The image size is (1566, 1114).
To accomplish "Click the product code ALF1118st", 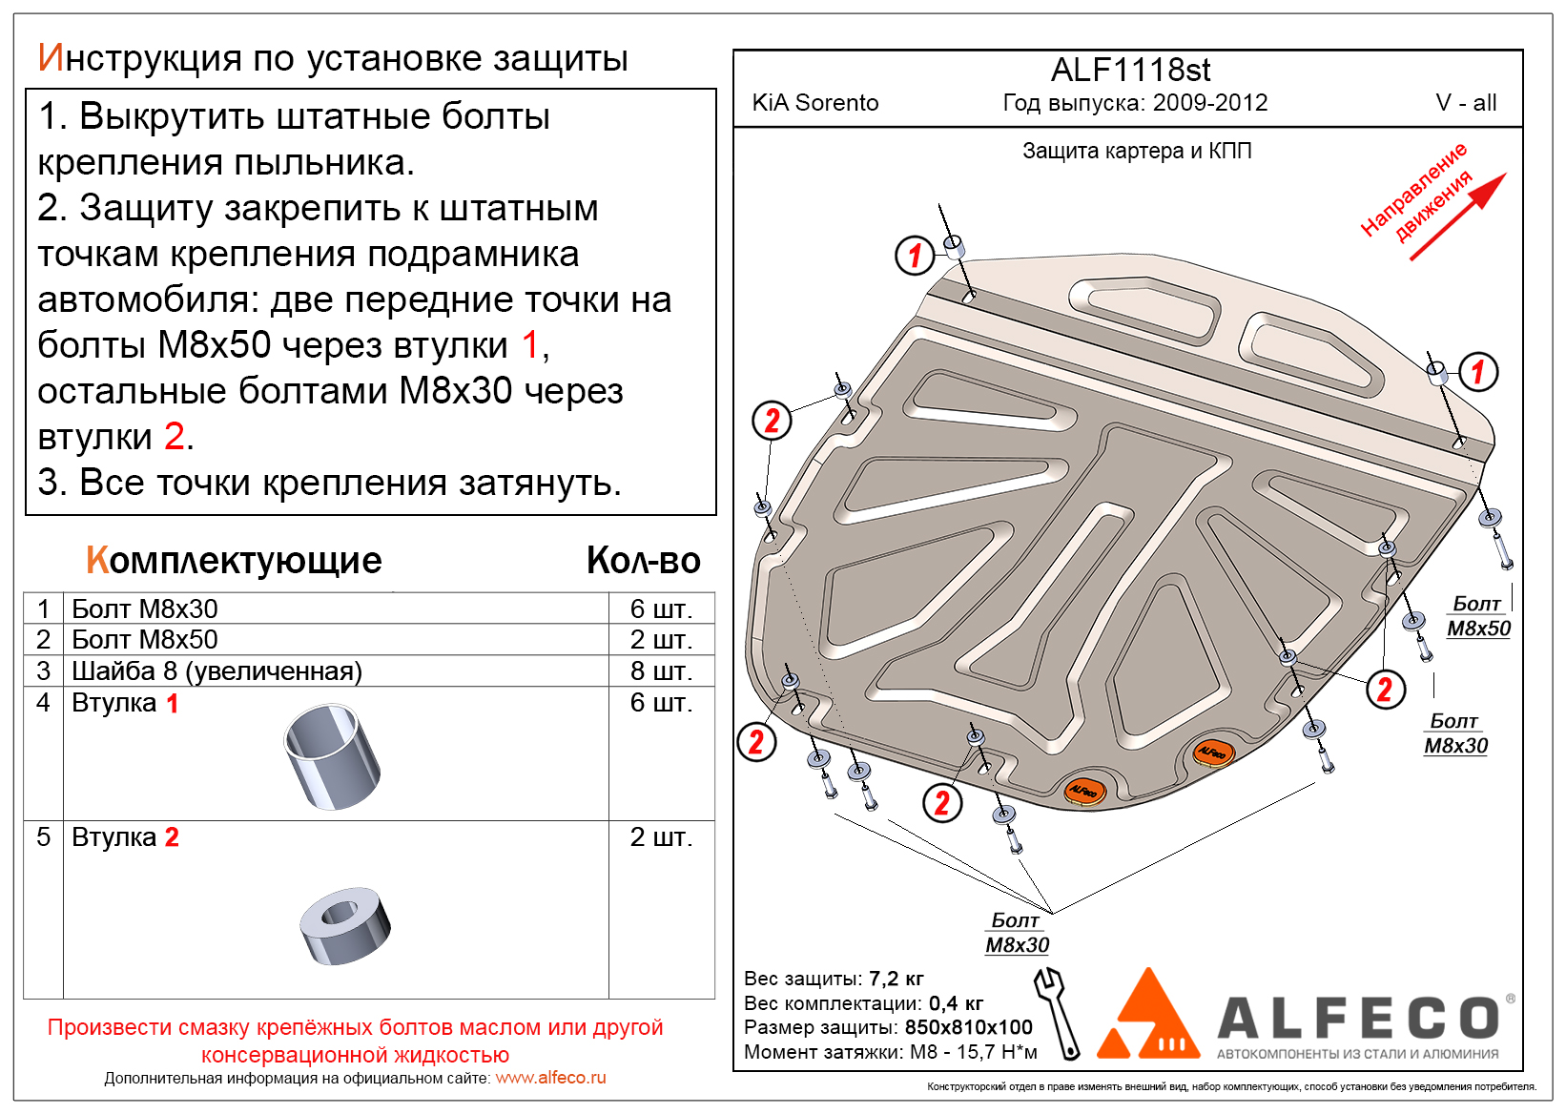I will (x=1130, y=71).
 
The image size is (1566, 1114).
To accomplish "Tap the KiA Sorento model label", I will (x=815, y=103).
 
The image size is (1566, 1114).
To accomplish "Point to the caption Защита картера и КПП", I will (x=1137, y=151).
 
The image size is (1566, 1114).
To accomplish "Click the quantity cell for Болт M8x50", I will (x=661, y=640).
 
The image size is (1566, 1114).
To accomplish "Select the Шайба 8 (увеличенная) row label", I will (x=216, y=671).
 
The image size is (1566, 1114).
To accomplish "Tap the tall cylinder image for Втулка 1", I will (x=332, y=756).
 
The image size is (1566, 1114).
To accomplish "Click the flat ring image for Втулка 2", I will (x=344, y=924).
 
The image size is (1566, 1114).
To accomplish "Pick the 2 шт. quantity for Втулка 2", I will (x=661, y=837).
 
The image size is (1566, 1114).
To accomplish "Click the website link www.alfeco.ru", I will (x=550, y=1078).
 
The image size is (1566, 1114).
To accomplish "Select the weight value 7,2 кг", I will (x=896, y=979).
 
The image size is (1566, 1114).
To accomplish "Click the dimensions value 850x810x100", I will (x=968, y=1027).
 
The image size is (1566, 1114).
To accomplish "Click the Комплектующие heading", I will (x=234, y=561).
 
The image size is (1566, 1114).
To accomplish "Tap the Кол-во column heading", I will (x=644, y=561).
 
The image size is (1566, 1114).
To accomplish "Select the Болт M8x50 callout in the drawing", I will (x=1479, y=616).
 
